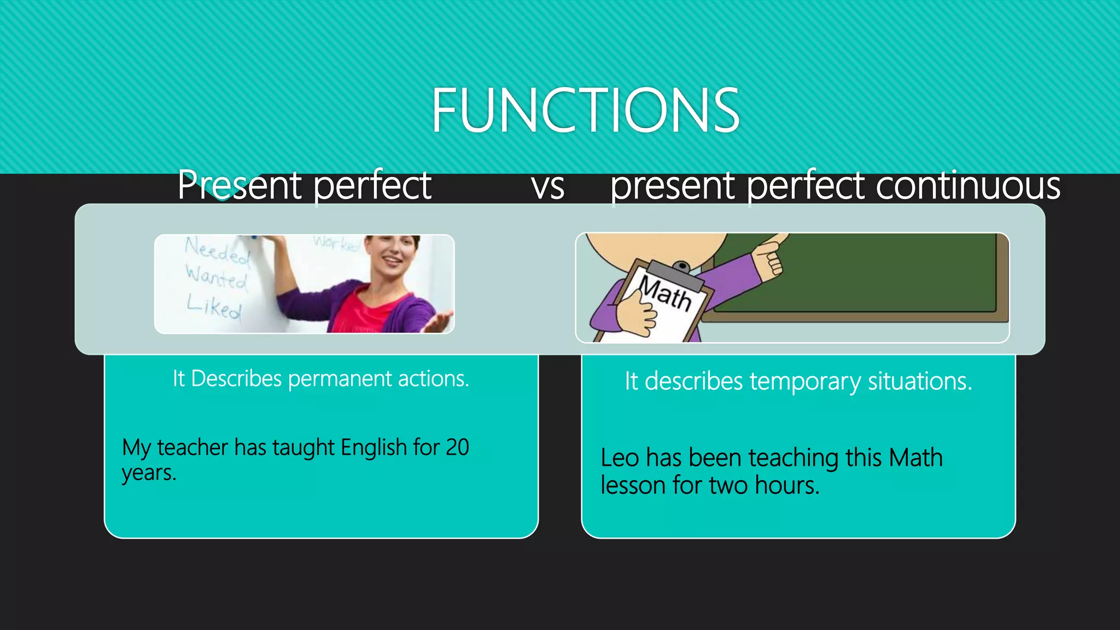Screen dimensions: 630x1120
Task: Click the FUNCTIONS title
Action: [x=585, y=110]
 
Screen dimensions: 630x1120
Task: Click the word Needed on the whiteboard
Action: [x=217, y=251]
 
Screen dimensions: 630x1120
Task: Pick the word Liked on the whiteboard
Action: [x=214, y=306]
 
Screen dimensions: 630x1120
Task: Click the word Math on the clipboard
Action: [x=666, y=293]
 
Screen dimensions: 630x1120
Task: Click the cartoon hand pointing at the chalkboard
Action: [x=769, y=255]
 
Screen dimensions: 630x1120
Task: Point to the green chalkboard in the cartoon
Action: [x=875, y=273]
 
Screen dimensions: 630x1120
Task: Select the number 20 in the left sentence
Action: [x=457, y=447]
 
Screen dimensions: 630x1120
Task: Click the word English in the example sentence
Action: [x=374, y=447]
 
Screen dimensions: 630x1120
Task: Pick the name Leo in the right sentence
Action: [x=619, y=458]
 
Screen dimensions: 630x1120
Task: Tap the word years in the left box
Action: [x=148, y=473]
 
